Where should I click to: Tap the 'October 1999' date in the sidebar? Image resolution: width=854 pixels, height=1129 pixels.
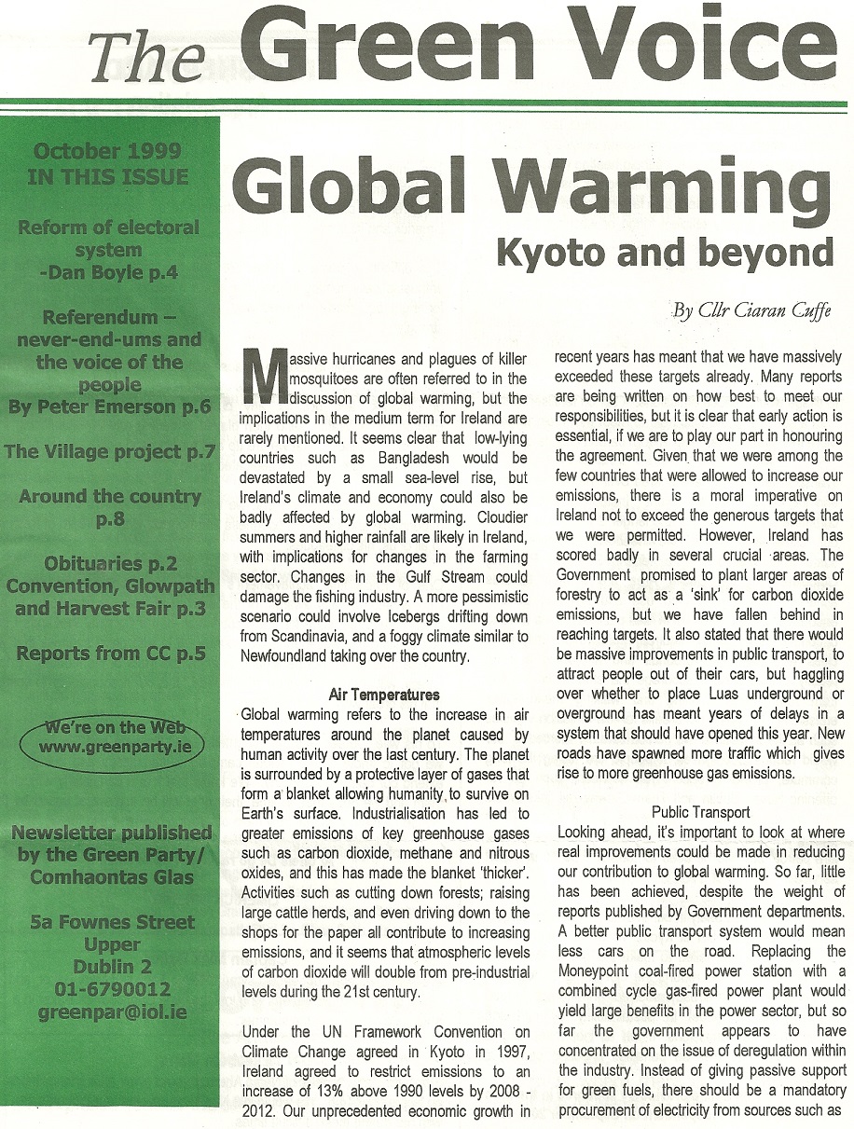coord(107,151)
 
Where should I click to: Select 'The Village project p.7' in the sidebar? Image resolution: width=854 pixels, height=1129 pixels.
coord(110,452)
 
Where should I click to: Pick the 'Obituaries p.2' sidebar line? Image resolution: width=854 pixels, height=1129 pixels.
coord(110,564)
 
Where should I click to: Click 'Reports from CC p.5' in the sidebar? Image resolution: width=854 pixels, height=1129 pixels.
coord(110,654)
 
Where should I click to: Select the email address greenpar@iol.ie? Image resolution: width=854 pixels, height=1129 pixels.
coord(111,1012)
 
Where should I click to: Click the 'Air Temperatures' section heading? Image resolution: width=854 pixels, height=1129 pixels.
coord(384,695)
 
